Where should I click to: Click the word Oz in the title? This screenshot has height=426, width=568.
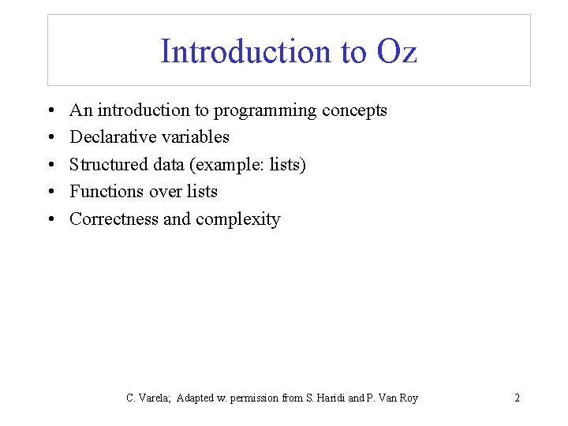click(398, 52)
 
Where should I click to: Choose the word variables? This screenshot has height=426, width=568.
click(193, 137)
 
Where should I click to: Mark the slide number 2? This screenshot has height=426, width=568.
click(517, 398)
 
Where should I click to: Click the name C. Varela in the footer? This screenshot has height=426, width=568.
click(148, 398)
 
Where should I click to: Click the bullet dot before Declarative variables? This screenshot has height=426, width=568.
click(50, 138)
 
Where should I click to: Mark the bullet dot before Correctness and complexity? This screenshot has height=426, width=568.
click(50, 220)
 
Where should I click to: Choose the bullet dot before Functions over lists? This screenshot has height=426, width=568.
click(50, 192)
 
